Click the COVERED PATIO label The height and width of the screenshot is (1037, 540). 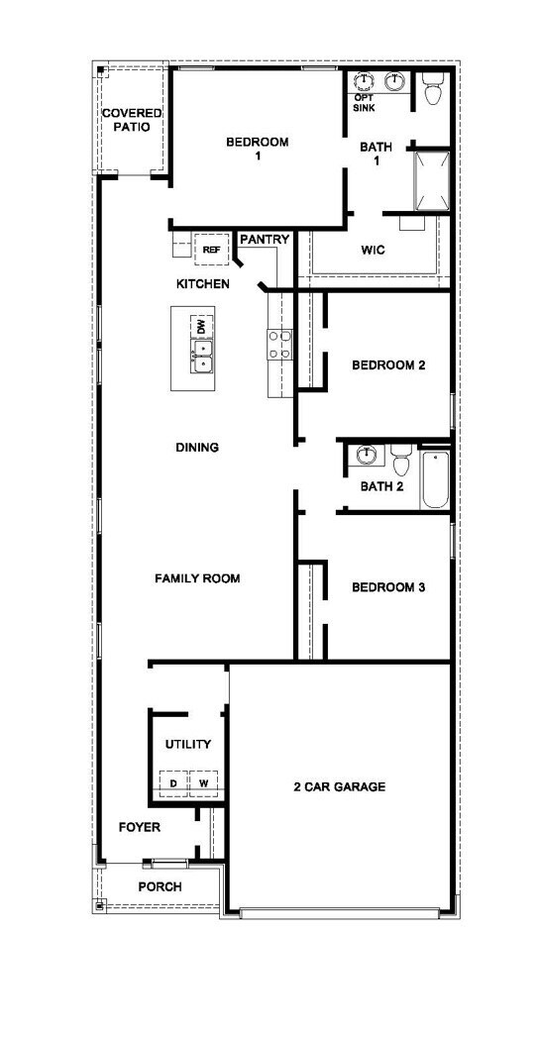click(x=132, y=121)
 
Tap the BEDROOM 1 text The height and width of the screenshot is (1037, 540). click(x=258, y=149)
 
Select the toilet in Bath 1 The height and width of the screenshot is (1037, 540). click(x=432, y=92)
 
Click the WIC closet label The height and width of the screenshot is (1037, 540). click(x=373, y=251)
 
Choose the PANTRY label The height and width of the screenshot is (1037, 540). click(x=265, y=240)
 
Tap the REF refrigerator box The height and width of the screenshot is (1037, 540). click(x=210, y=250)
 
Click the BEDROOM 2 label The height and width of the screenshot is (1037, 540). click(x=388, y=365)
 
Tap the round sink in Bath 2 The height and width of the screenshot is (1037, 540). click(x=367, y=456)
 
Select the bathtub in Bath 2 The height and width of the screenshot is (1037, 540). click(x=434, y=480)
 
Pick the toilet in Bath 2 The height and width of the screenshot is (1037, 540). click(x=401, y=463)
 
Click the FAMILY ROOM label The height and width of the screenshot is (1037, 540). click(x=197, y=578)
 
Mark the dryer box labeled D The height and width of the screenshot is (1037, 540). click(x=173, y=783)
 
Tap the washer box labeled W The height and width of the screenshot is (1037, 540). click(x=203, y=783)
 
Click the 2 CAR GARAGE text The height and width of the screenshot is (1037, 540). click(x=339, y=787)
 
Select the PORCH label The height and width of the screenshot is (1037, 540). click(x=160, y=886)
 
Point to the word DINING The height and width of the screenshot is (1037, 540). click(x=197, y=448)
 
